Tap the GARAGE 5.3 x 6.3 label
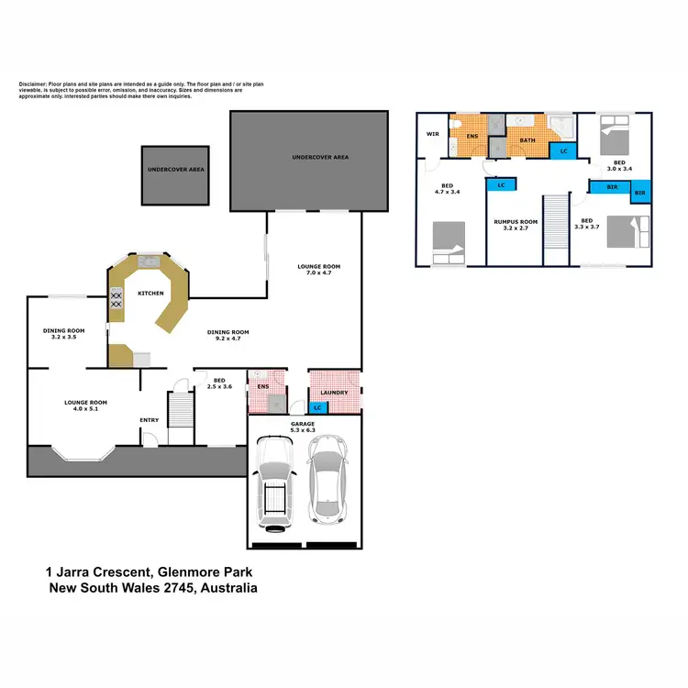pos(303,426)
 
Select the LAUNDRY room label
pos(335,393)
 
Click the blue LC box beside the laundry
pos(317,407)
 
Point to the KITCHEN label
pos(150,294)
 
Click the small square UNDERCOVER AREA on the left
pos(176,174)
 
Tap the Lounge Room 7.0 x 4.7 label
pos(317,270)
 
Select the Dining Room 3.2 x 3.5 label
pos(63,334)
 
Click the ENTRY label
pos(149,420)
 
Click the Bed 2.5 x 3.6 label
pos(220,383)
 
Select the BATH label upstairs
pos(527,140)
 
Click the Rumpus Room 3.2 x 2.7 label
pos(515,225)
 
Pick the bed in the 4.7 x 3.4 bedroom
pos(447,243)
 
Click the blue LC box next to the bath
pos(564,150)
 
